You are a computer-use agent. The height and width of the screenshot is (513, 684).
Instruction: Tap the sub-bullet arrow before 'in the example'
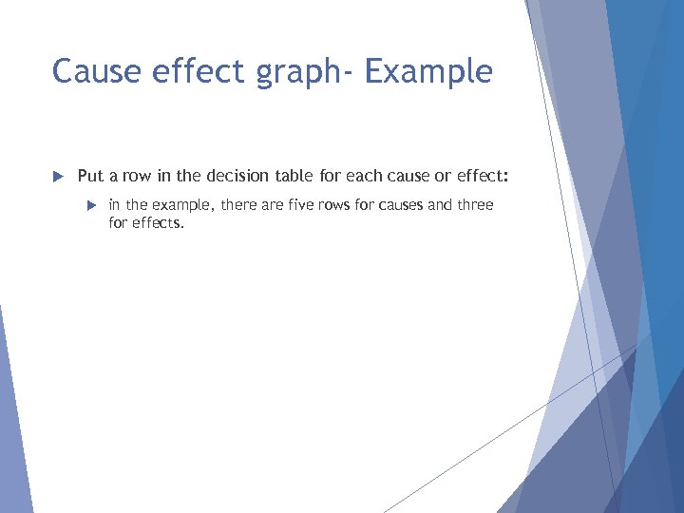tap(91, 205)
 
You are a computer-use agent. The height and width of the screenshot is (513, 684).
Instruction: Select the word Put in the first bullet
tap(90, 177)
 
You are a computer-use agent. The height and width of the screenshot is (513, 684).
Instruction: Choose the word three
tap(475, 205)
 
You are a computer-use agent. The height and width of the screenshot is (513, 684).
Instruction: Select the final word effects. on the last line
tap(158, 225)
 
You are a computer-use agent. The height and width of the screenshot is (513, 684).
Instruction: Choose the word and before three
tap(441, 205)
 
